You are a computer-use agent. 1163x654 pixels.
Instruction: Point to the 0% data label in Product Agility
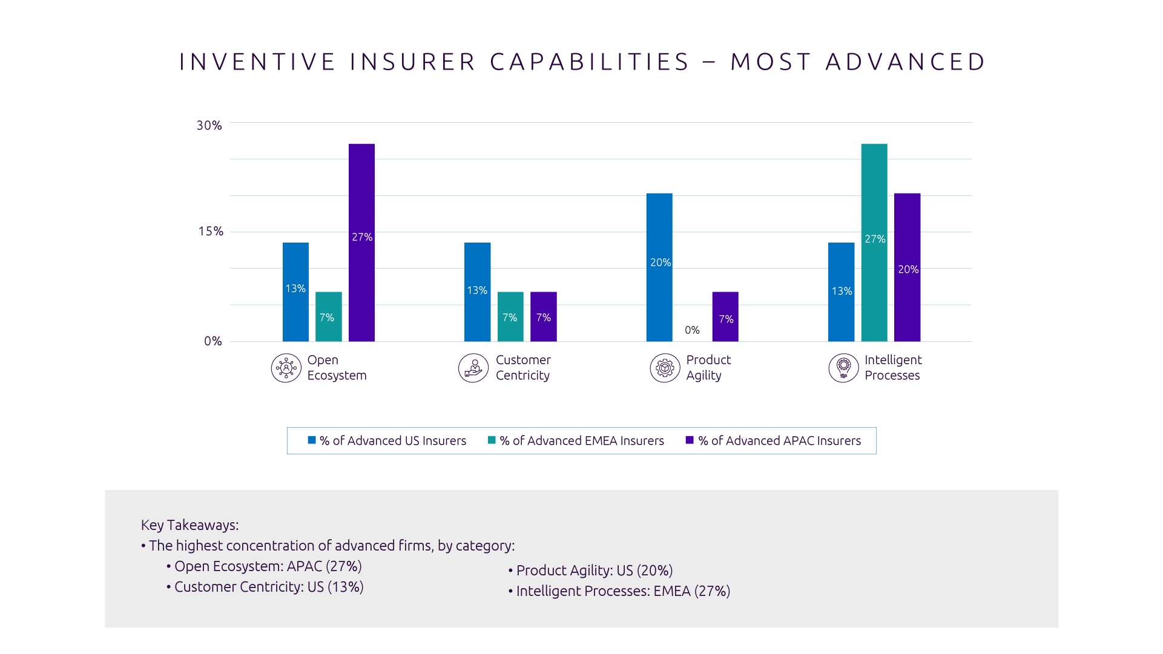[x=692, y=330]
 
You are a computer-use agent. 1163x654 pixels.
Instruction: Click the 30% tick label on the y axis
[x=209, y=125]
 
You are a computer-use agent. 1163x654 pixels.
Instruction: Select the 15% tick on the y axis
[x=211, y=231]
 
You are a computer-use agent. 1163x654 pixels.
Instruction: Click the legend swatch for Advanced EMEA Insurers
[x=492, y=440]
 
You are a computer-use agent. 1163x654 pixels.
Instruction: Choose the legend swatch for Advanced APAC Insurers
[x=690, y=440]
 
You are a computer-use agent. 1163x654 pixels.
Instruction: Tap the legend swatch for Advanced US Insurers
[x=312, y=440]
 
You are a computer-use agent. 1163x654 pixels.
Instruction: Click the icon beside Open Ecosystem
[x=286, y=368]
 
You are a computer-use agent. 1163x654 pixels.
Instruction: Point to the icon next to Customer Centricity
[x=473, y=368]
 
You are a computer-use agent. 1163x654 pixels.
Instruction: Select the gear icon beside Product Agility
[x=665, y=368]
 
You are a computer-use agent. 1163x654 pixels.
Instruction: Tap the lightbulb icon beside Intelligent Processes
[x=843, y=368]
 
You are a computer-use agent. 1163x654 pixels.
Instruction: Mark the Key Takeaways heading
[x=189, y=525]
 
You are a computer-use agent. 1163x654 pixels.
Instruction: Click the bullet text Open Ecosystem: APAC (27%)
[x=268, y=566]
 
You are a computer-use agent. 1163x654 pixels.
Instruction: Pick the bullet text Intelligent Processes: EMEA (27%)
[x=623, y=591]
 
